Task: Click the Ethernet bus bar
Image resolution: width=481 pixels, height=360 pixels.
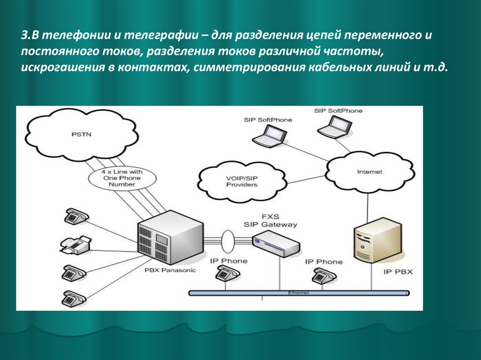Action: point(298,293)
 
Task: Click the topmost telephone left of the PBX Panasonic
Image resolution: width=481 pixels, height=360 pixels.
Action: point(76,216)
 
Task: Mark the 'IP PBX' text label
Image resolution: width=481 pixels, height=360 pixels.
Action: point(398,272)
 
